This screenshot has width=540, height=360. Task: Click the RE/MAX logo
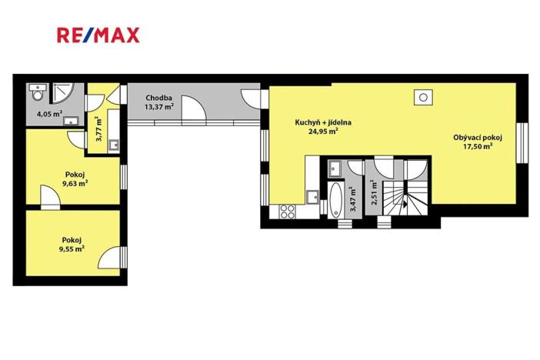click(x=98, y=35)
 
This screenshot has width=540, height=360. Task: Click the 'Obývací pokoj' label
click(x=477, y=138)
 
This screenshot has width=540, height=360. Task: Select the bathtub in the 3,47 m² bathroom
click(x=336, y=200)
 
